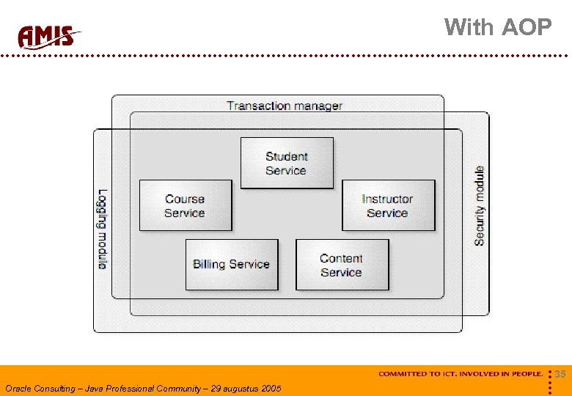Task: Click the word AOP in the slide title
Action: (527, 27)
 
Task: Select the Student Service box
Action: (287, 163)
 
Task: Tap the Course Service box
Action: (185, 206)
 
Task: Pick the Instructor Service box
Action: (388, 206)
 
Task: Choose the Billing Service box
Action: (232, 264)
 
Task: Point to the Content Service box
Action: (342, 265)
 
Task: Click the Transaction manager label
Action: (285, 106)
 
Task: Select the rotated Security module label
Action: (480, 206)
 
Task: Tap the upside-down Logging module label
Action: (103, 230)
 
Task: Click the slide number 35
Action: (560, 375)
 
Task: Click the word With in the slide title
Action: (469, 27)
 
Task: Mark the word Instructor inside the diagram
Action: (387, 199)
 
